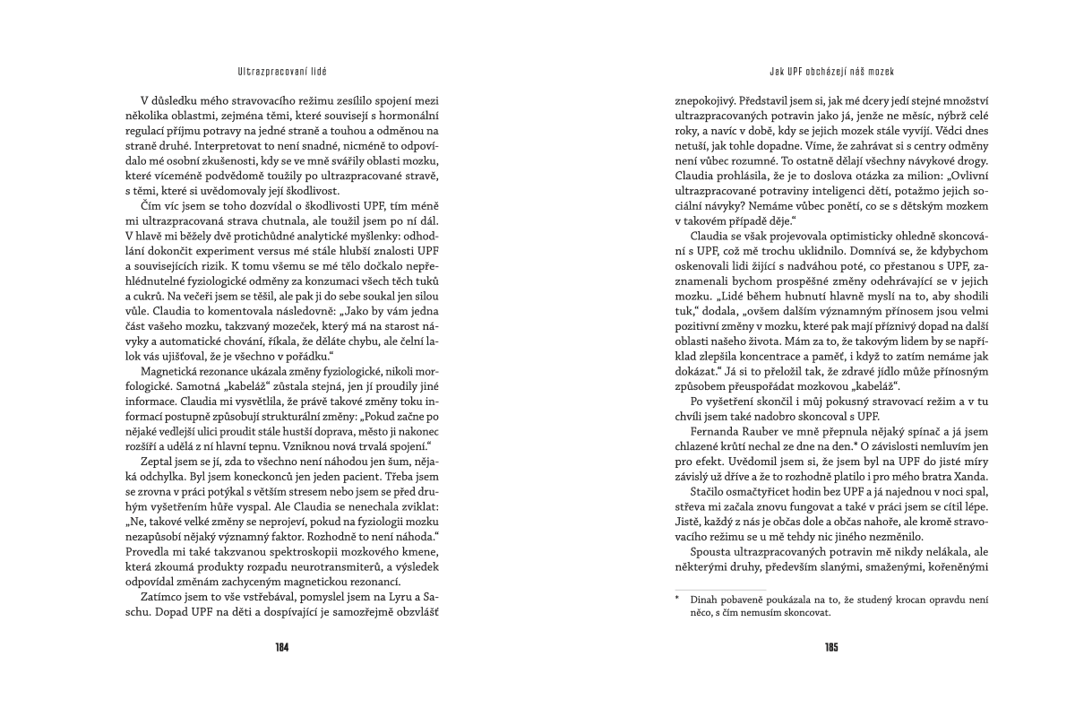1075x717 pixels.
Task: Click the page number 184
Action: (281, 646)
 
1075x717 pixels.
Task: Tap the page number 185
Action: (831, 646)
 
